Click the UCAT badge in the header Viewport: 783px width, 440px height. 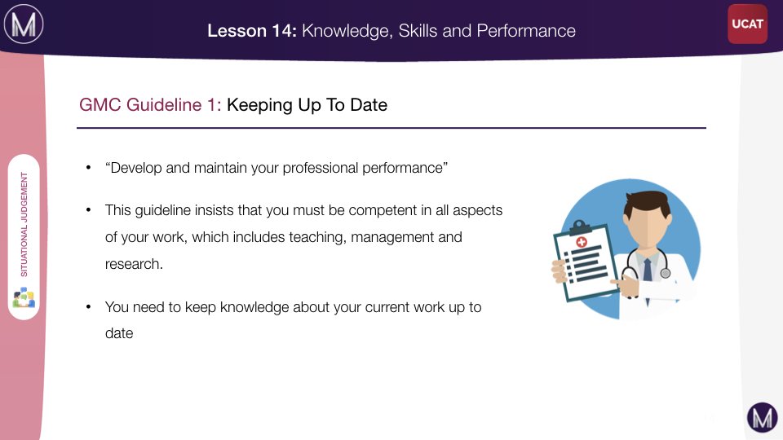pyautogui.click(x=747, y=24)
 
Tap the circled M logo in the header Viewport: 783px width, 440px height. pyautogui.click(x=24, y=24)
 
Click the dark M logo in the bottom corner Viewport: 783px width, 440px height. pyautogui.click(x=762, y=417)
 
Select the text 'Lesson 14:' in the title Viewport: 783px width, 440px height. pyautogui.click(x=252, y=31)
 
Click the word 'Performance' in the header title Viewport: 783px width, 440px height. pyautogui.click(x=526, y=31)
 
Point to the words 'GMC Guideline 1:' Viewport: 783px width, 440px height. pyautogui.click(x=150, y=105)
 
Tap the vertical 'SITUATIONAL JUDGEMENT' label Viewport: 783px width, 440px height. pyautogui.click(x=24, y=225)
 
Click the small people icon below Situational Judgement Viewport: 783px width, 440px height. pyautogui.click(x=24, y=297)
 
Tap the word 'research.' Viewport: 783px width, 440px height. pyautogui.click(x=134, y=264)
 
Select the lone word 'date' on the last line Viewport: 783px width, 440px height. pyautogui.click(x=119, y=333)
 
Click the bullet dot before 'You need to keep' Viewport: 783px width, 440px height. pyautogui.click(x=88, y=306)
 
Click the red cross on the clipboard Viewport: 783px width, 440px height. pyautogui.click(x=582, y=243)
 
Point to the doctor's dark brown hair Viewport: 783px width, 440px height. pyautogui.click(x=647, y=203)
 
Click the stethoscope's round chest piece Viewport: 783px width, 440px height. pyautogui.click(x=666, y=273)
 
